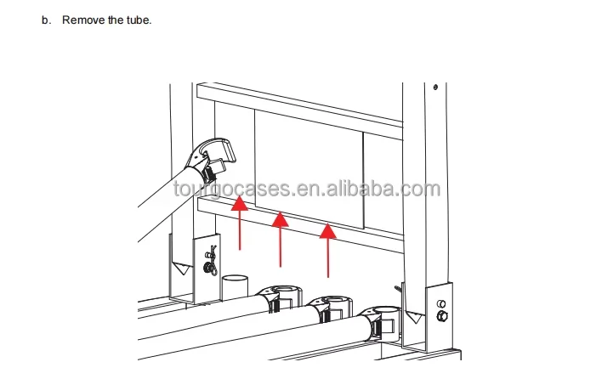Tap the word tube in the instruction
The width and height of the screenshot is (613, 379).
pos(139,20)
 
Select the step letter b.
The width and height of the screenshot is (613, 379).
pos(47,20)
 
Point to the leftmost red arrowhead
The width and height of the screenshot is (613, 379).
pos(239,204)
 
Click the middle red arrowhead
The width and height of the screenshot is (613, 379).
pos(280,219)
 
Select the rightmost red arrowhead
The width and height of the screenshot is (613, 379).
pos(327,230)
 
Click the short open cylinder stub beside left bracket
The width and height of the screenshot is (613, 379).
pos(235,287)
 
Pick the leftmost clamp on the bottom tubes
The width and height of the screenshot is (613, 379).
pos(280,298)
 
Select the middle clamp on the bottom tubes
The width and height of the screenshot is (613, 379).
pos(329,308)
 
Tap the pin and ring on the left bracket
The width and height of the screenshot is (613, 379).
pos(211,261)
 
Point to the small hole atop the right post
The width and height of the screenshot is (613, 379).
pos(435,88)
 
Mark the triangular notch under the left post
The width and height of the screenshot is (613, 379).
pos(182,269)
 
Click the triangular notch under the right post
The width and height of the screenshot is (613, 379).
pos(413,317)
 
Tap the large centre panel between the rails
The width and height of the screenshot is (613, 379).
pos(309,170)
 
